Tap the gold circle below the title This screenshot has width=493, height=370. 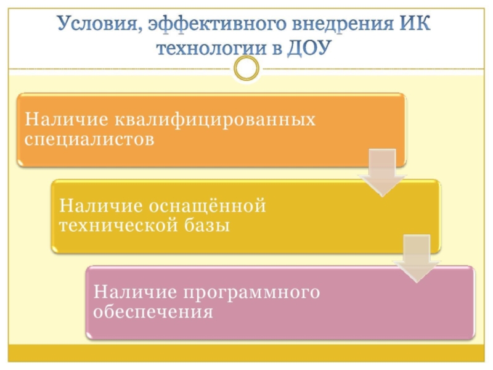(246, 68)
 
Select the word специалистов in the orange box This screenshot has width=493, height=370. (89, 139)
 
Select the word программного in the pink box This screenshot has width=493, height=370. (250, 291)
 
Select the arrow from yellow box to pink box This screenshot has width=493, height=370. (417, 259)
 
